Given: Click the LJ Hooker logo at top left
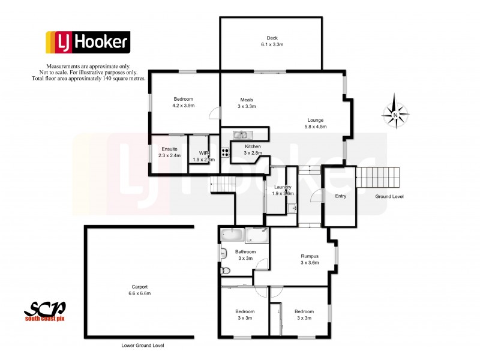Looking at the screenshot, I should point(88,43).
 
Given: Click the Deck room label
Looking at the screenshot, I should point(272,38).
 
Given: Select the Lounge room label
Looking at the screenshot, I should point(316,119).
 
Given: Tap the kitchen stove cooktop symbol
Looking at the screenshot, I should point(225,152).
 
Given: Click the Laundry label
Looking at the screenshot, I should point(283,187).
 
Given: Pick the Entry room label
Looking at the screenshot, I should point(341,196).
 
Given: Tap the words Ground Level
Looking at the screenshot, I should point(389,197).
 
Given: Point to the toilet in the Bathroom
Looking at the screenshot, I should point(225,271).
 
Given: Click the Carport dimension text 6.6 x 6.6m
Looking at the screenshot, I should point(139,293).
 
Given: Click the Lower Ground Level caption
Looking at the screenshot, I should point(142,346).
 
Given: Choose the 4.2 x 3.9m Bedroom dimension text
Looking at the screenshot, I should point(184,106).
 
